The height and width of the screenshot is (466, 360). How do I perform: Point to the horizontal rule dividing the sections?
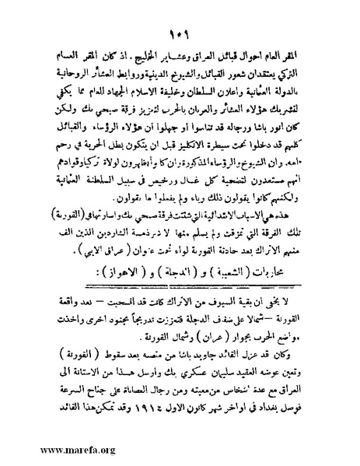(180, 288)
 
